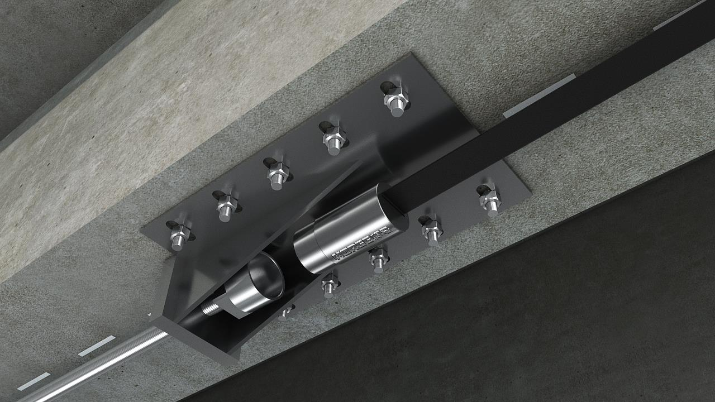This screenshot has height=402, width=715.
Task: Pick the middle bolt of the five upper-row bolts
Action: pos(277,173)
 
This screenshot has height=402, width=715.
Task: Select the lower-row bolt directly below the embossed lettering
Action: pos(379,259)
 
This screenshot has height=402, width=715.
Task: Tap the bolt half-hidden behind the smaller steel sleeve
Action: pos(286,310)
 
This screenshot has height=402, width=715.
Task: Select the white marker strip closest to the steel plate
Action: pos(538,96)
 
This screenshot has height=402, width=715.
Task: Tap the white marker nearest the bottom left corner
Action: pos(33,381)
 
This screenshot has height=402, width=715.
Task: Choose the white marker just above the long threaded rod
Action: pos(97,346)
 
